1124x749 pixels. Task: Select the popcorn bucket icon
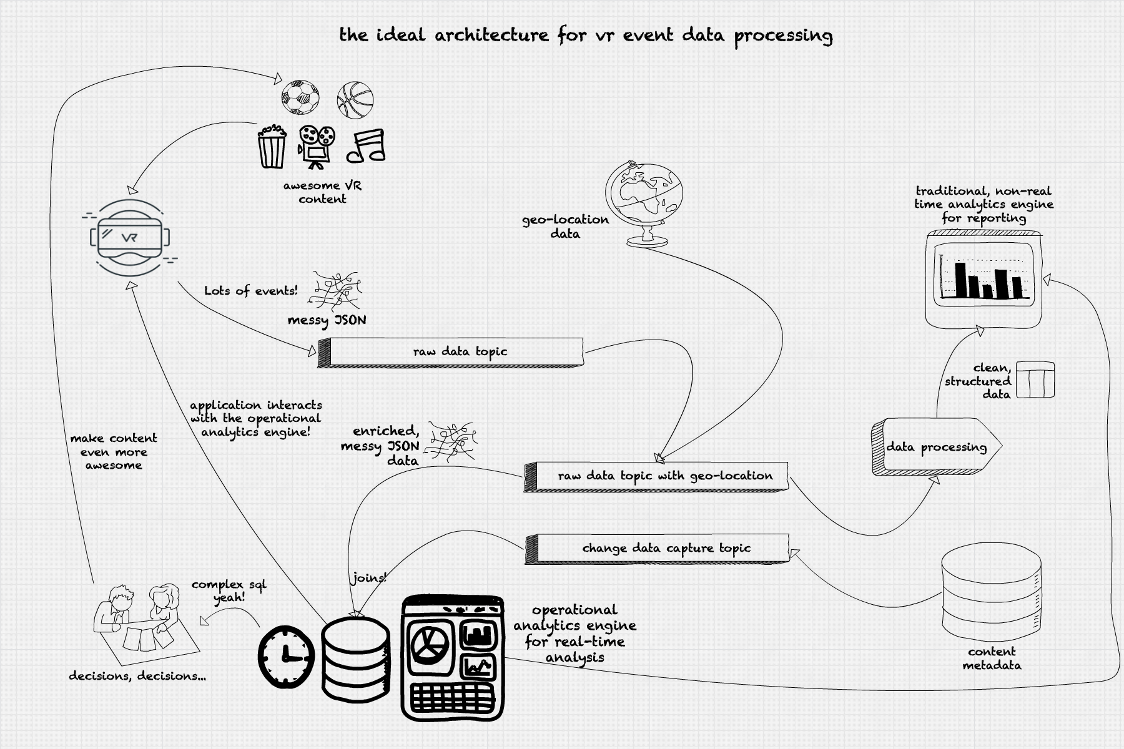pyautogui.click(x=272, y=147)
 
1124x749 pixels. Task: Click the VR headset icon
pyautogui.click(x=131, y=237)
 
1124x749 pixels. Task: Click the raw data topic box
pyautogui.click(x=450, y=352)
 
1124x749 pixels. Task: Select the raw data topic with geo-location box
pyautogui.click(x=656, y=477)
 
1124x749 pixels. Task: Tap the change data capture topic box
pyautogui.click(x=657, y=549)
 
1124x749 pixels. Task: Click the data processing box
pyautogui.click(x=937, y=447)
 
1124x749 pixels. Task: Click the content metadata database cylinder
pyautogui.click(x=991, y=590)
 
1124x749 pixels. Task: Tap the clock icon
pyautogui.click(x=286, y=657)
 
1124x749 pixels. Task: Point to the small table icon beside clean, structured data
pyautogui.click(x=1035, y=379)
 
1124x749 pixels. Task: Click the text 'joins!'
pyautogui.click(x=369, y=578)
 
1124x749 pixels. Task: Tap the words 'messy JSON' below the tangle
pyautogui.click(x=327, y=320)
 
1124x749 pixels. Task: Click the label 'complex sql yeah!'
pyautogui.click(x=229, y=591)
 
